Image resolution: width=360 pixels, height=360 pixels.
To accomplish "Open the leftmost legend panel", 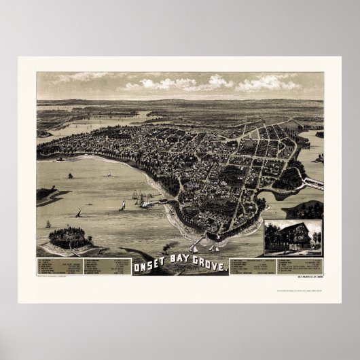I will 58,266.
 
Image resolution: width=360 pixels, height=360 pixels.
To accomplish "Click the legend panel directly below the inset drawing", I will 292,266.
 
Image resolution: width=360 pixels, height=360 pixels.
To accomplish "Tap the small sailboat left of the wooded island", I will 48,223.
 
